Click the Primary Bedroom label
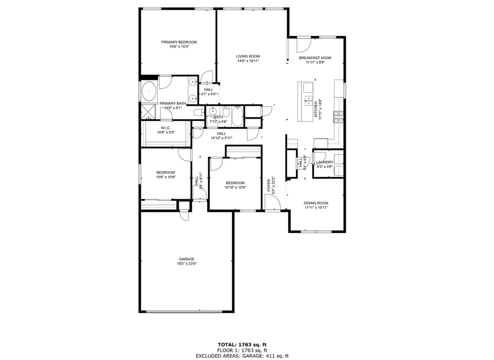(x=179, y=42)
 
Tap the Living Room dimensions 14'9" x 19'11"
(x=248, y=61)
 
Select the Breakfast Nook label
(x=315, y=58)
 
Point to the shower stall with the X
(x=149, y=112)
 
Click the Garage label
(x=186, y=259)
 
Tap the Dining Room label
(x=316, y=203)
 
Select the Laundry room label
(x=325, y=162)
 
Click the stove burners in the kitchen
(x=338, y=117)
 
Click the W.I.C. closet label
(x=166, y=128)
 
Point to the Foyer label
(x=269, y=186)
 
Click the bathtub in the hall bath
(x=237, y=116)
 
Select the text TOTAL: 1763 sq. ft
(x=242, y=344)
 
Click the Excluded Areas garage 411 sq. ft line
(x=242, y=356)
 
